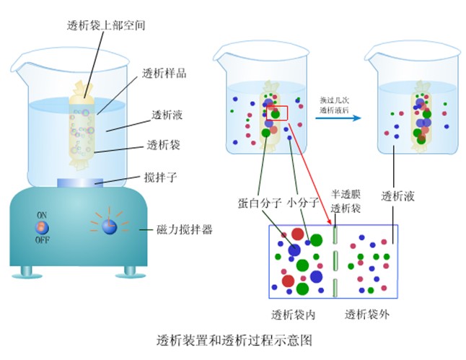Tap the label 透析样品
tap(162, 73)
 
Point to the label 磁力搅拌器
tap(184, 230)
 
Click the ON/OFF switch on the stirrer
tap(43, 226)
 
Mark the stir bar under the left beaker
tap(87, 181)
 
